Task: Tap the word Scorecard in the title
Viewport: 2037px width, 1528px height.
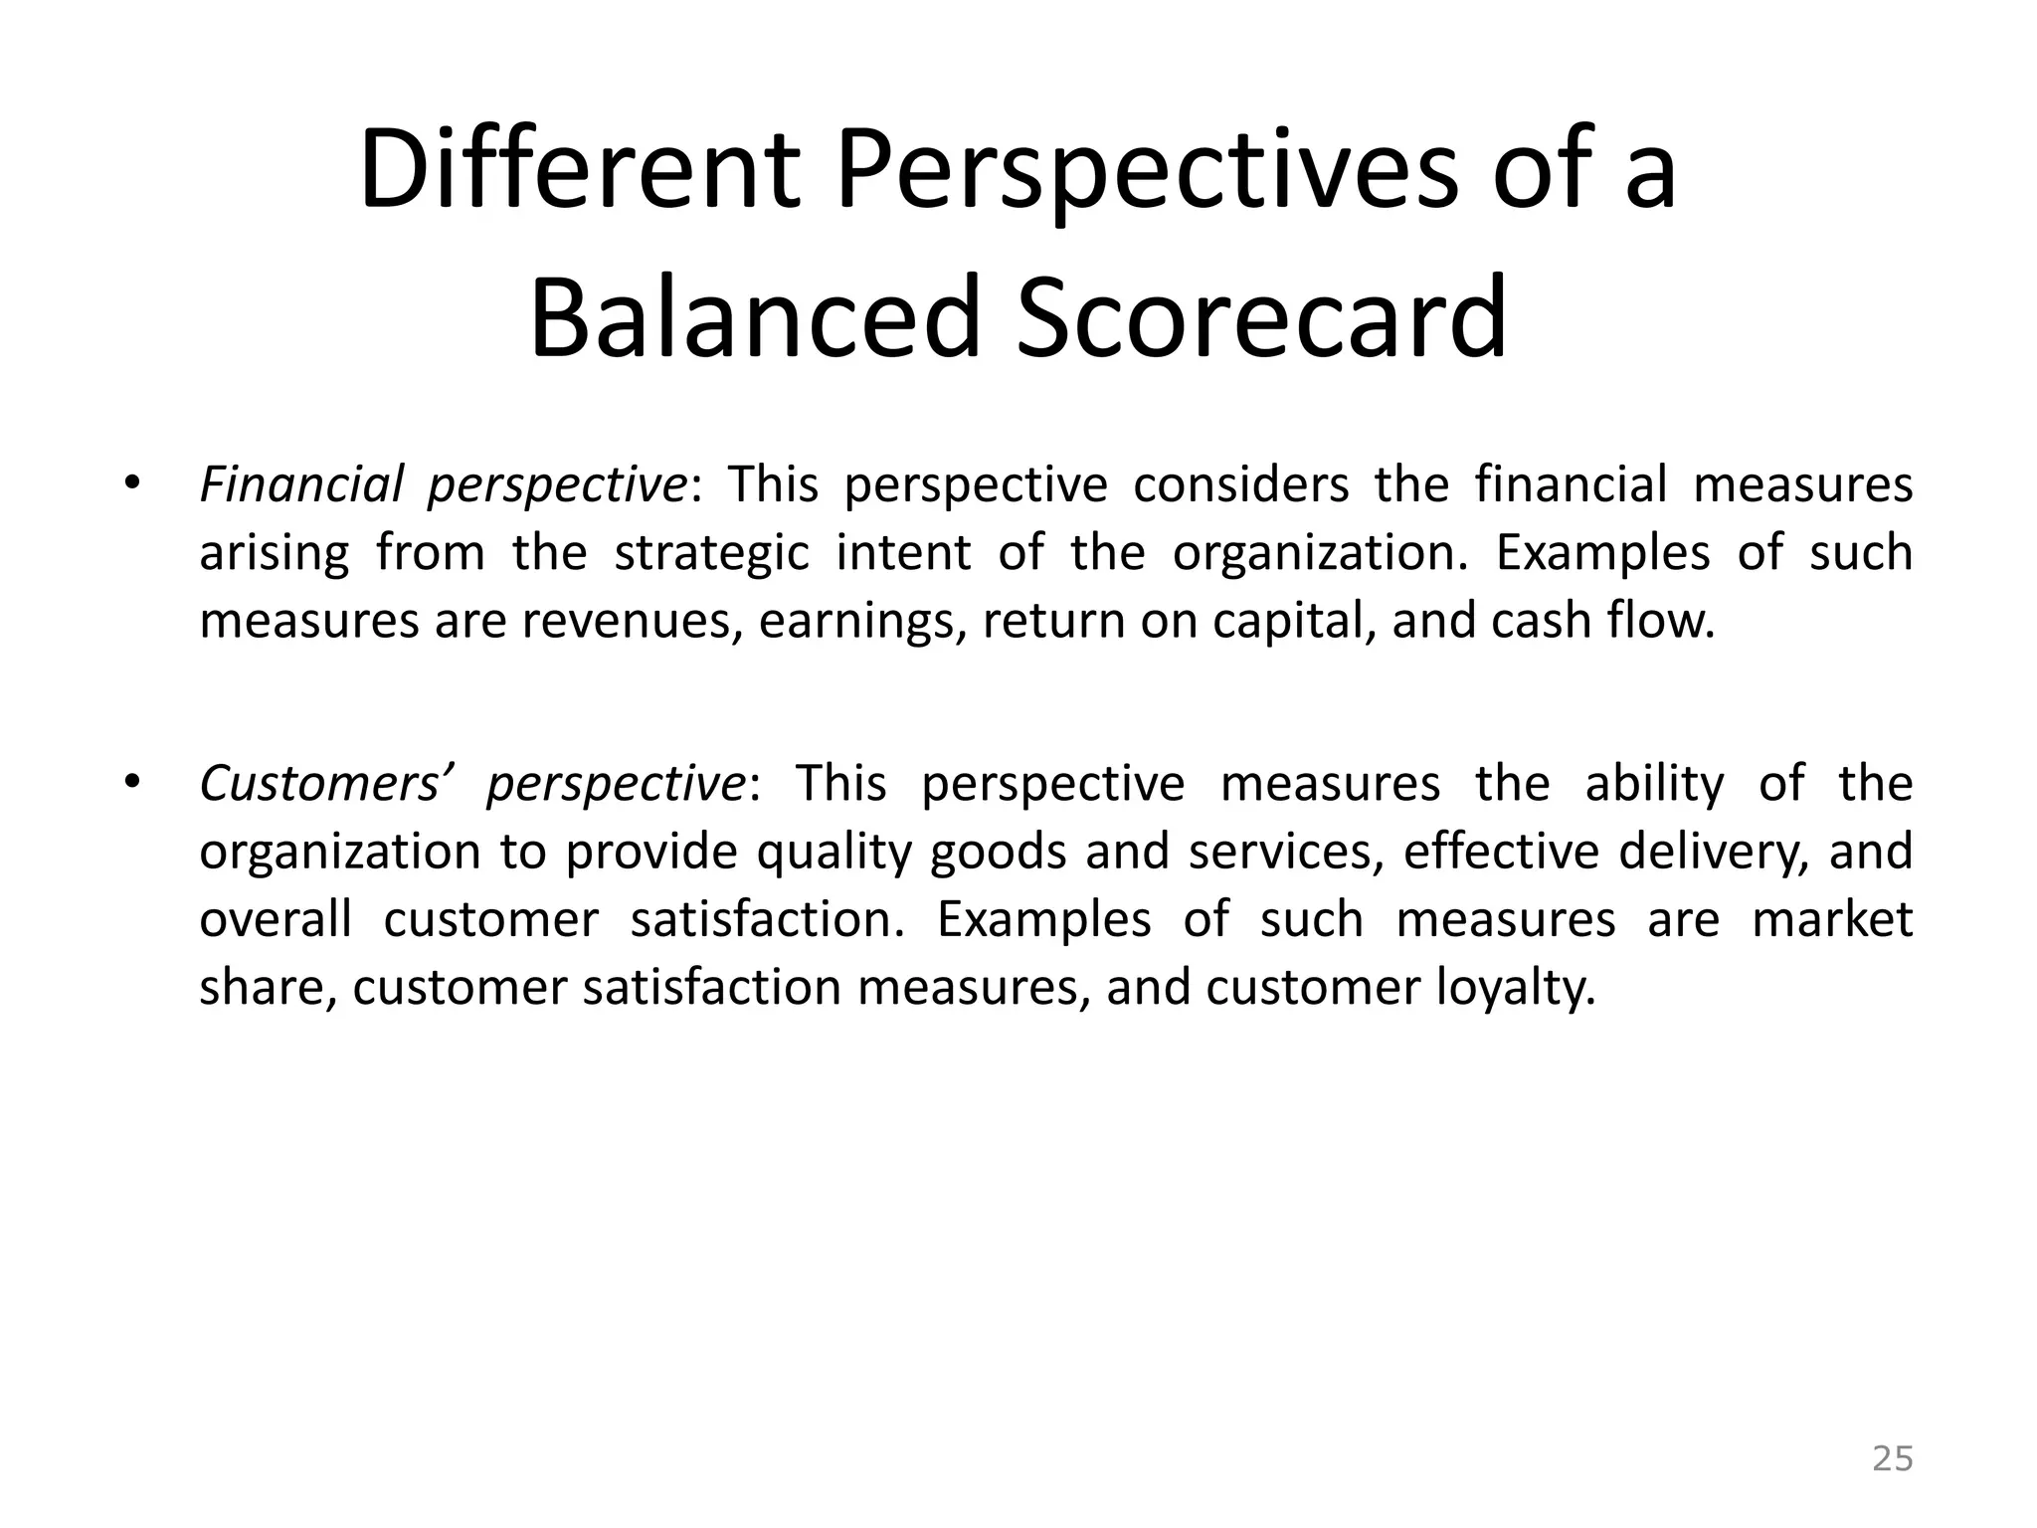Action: [x=1261, y=318]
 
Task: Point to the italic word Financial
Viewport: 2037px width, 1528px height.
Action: [x=301, y=485]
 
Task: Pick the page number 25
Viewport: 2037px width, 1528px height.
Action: [x=1892, y=1458]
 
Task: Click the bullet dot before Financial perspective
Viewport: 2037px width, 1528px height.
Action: [x=130, y=484]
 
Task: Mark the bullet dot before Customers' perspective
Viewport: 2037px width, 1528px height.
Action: [x=130, y=783]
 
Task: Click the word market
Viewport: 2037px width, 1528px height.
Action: [x=1831, y=919]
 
